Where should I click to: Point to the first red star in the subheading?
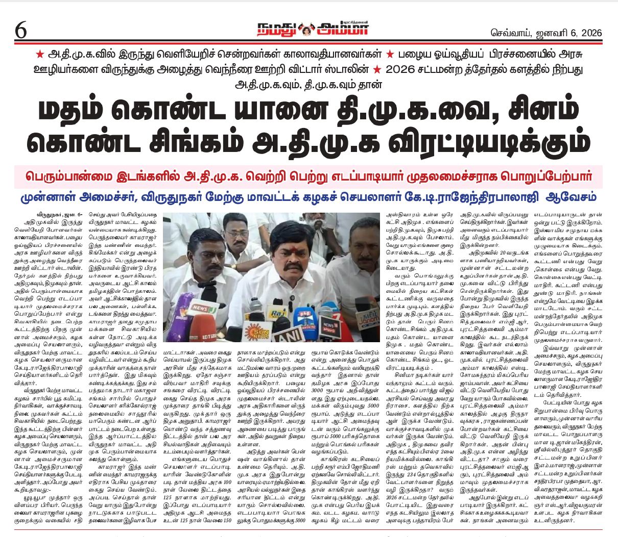[x=39, y=54]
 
